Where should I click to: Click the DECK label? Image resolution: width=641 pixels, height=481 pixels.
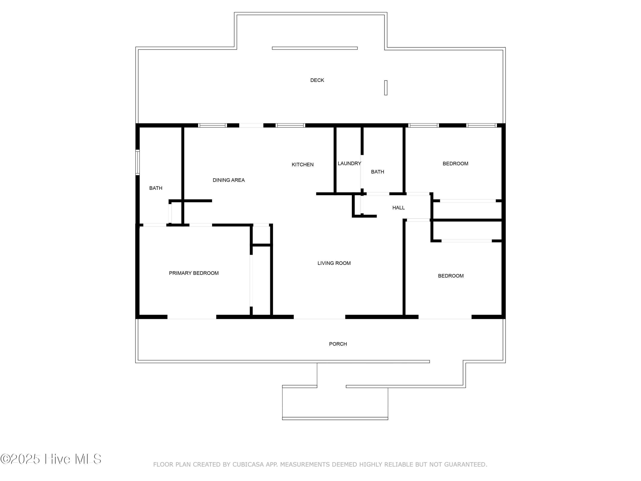(x=317, y=80)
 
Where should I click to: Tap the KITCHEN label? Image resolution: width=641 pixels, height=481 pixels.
(x=303, y=165)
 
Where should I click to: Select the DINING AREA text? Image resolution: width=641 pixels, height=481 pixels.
(x=229, y=180)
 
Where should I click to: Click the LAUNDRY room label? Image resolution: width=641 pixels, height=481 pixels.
(x=349, y=164)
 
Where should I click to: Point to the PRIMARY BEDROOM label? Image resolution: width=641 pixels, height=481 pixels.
(x=194, y=273)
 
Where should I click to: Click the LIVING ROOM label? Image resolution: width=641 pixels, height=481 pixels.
(x=334, y=263)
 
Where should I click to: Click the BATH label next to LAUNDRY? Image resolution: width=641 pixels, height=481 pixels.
(x=377, y=172)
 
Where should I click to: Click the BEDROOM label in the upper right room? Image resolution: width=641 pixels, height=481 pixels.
(x=455, y=164)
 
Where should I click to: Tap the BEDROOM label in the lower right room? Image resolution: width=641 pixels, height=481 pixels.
(x=451, y=276)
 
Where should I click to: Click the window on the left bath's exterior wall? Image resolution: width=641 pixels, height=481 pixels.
(x=138, y=162)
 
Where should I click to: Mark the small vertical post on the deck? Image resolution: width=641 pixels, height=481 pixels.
(x=386, y=88)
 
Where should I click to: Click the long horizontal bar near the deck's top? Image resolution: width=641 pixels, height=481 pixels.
(x=315, y=48)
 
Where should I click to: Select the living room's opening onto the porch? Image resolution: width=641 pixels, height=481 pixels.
(x=319, y=317)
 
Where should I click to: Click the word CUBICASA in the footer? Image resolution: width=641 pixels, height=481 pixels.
(x=248, y=465)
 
